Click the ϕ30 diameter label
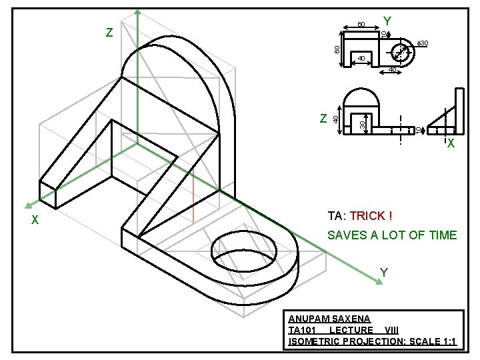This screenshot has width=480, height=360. (x=422, y=43)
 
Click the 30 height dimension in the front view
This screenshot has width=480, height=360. (x=362, y=124)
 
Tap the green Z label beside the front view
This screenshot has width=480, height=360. (x=323, y=118)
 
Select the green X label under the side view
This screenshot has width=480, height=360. (x=451, y=143)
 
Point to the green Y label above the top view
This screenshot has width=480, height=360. (x=387, y=21)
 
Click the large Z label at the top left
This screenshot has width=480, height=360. (x=109, y=33)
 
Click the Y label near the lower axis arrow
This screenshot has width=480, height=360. (x=383, y=272)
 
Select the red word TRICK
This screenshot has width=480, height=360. (x=367, y=216)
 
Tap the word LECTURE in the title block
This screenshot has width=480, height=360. (x=351, y=331)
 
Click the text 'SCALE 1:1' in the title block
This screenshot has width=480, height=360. (x=433, y=341)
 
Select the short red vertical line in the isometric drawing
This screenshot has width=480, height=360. (x=192, y=197)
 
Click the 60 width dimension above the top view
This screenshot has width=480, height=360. (x=361, y=25)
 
